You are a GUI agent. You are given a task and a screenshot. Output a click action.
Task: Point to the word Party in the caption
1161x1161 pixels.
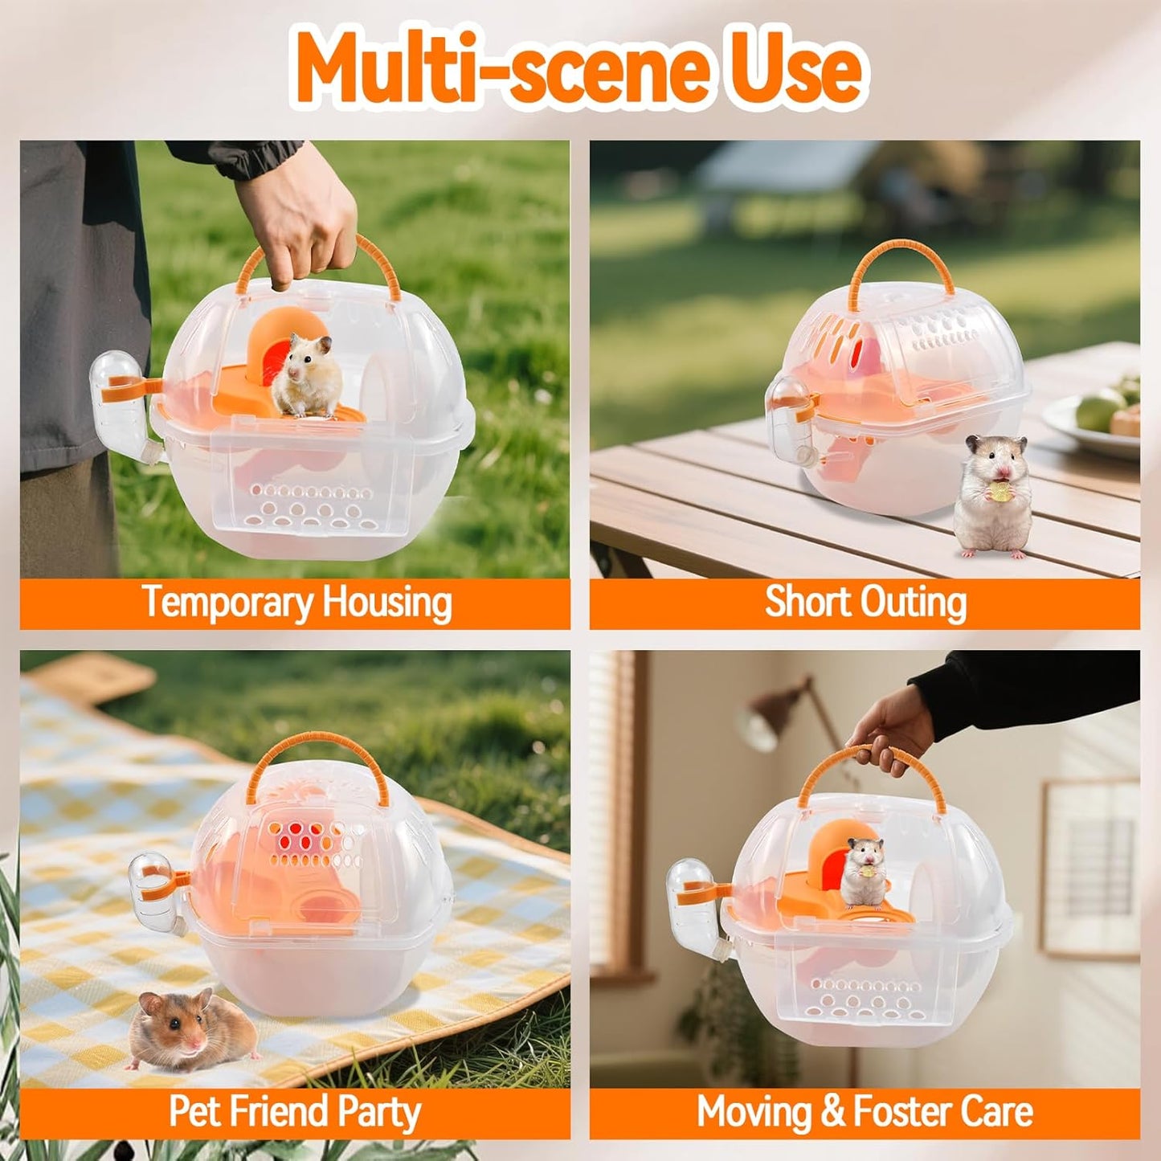tap(378, 1112)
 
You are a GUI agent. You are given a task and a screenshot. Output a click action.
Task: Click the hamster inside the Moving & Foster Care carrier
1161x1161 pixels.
tap(863, 872)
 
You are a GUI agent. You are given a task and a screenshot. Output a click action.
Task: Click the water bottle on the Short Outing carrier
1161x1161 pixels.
tap(791, 422)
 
